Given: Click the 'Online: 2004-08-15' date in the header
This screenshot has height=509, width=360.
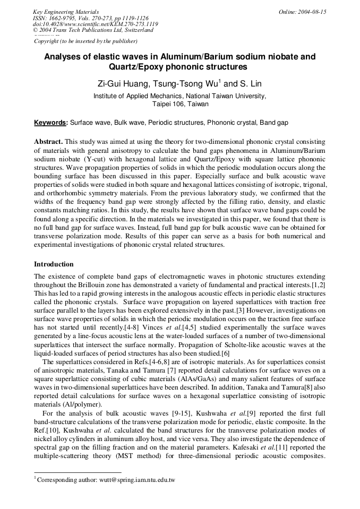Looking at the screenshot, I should (302, 12).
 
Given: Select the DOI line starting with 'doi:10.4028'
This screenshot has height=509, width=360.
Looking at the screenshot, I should (95, 24).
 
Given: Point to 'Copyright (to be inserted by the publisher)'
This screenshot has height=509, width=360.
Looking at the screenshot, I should (85, 41).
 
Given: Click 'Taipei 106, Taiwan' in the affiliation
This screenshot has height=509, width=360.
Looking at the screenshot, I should (180, 104).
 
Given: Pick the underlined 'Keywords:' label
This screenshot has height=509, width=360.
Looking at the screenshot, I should (51, 123).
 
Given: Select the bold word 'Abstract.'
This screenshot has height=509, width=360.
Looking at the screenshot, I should (49, 142).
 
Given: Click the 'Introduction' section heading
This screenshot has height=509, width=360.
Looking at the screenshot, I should (54, 264).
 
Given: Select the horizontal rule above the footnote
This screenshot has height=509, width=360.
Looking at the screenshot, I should (78, 472).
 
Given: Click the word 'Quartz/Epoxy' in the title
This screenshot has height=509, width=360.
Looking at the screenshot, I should (134, 67).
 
